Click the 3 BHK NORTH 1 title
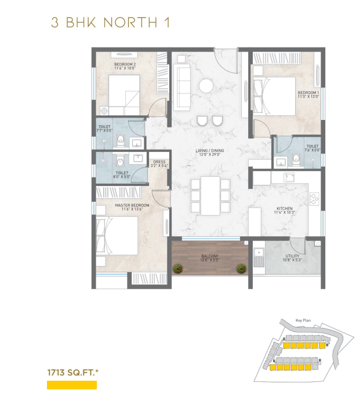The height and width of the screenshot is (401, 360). pos(110,23)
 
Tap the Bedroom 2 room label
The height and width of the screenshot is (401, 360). pos(125,66)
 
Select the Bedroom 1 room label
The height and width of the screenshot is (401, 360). pos(308,94)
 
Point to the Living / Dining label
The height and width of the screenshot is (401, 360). pos(209,152)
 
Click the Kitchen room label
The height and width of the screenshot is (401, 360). pos(285,210)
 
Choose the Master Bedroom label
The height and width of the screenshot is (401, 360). pos(132,207)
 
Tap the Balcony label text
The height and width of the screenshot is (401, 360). pos(210,258)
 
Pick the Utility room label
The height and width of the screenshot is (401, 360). pos(292,258)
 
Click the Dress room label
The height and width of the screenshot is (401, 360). pos(159,163)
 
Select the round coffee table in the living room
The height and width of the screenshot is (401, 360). pos(206,86)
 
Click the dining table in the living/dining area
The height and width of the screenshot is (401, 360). pos(210,196)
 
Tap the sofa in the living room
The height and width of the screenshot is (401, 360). pos(181,87)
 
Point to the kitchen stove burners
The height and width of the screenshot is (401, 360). pos(314,199)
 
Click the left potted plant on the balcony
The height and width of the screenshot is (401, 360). pos(178,268)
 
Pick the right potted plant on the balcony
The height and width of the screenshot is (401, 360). pos(241,268)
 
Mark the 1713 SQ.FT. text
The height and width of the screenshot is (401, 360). pos(72,373)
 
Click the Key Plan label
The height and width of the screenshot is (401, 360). pos(303,320)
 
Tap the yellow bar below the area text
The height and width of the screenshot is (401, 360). pos(72,385)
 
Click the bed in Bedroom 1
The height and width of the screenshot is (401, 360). pos(274,96)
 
